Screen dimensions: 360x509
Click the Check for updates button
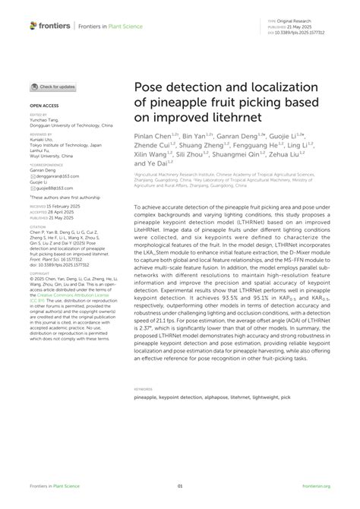point(52,87)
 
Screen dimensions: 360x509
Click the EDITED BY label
point(38,112)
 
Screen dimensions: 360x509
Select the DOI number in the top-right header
point(306,34)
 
